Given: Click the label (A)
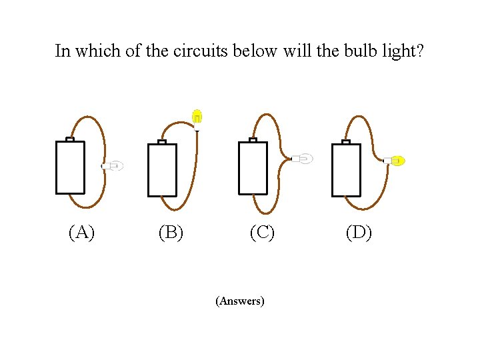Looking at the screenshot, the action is click(x=81, y=232).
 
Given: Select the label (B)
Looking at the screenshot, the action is click(x=171, y=232).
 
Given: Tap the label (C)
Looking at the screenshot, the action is click(x=262, y=232).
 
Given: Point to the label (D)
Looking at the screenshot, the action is click(x=359, y=232).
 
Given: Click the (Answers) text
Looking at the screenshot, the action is click(x=240, y=301).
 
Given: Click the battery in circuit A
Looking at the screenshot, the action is click(x=70, y=167).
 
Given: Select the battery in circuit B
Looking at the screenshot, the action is click(x=162, y=170).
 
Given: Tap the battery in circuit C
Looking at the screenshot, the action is click(x=253, y=168).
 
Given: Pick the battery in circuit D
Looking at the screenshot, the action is click(x=346, y=170).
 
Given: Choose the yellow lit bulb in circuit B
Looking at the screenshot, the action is click(x=197, y=117).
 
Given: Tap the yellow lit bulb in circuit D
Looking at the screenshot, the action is click(x=396, y=161).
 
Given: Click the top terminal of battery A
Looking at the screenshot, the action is click(x=69, y=139).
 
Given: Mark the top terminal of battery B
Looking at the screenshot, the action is click(x=161, y=141).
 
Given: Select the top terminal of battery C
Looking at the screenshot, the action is click(x=253, y=139).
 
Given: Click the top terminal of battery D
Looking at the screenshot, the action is click(x=345, y=141).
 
